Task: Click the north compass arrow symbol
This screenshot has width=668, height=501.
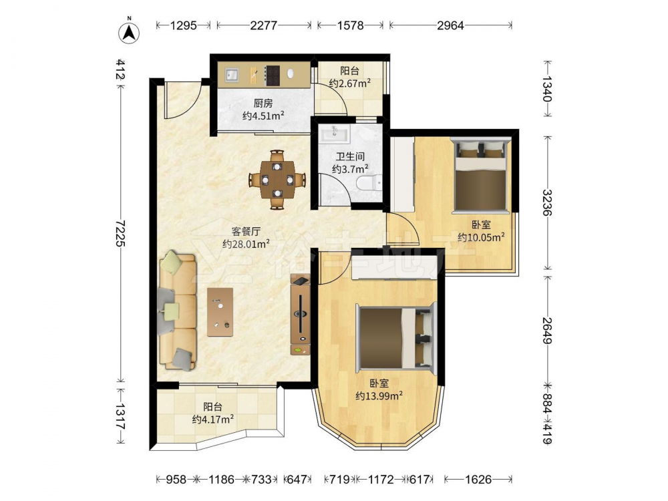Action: tap(129, 32)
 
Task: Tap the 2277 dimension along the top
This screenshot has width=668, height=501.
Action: tap(264, 25)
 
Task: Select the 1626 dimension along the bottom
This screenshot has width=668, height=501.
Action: tap(478, 480)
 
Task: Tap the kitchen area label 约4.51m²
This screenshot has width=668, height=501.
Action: tap(263, 115)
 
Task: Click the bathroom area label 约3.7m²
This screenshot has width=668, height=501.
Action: tap(350, 169)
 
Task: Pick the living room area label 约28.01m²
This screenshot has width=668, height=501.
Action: tap(246, 244)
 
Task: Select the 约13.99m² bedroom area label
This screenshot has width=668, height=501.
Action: tap(379, 395)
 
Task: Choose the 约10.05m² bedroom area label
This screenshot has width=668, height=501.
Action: tap(482, 237)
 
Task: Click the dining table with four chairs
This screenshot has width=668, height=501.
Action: tap(277, 179)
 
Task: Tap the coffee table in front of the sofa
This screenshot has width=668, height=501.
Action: tap(220, 312)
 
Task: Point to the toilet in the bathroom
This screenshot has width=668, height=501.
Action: tap(369, 183)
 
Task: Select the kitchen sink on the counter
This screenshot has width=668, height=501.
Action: tap(231, 75)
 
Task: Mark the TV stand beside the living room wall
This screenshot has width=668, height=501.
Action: tap(301, 315)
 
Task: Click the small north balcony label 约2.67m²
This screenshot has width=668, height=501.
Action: tap(349, 83)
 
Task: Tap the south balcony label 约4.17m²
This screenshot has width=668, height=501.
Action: tap(212, 420)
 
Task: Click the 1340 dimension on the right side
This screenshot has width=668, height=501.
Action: tap(547, 89)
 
